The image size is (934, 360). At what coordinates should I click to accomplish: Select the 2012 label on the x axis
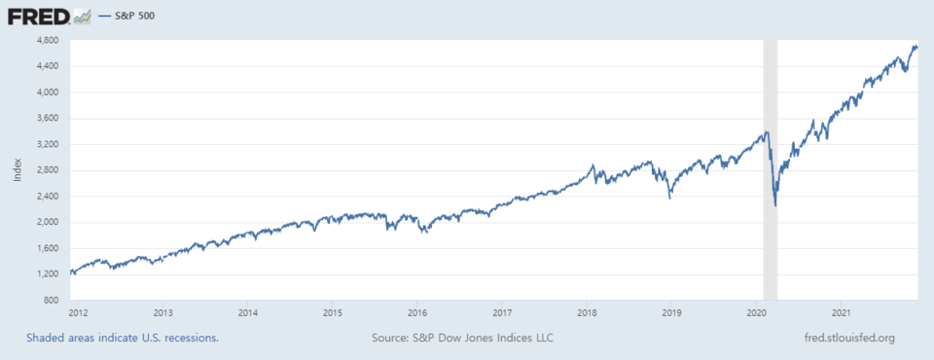pyautogui.click(x=80, y=313)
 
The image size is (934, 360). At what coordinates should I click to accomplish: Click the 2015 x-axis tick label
pyautogui.click(x=333, y=313)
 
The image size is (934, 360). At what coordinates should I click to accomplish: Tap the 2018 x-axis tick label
pyautogui.click(x=587, y=313)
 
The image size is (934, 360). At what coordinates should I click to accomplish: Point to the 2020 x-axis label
pyautogui.click(x=757, y=313)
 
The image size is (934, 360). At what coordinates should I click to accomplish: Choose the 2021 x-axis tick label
pyautogui.click(x=842, y=313)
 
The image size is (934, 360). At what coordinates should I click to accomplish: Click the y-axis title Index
pyautogui.click(x=18, y=170)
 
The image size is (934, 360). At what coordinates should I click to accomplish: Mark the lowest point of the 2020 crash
pyautogui.click(x=775, y=205)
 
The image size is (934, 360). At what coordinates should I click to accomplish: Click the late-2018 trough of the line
pyautogui.click(x=669, y=198)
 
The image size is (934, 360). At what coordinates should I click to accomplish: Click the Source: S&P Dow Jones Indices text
pyautogui.click(x=462, y=338)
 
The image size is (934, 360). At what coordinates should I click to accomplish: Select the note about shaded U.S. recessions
pyautogui.click(x=123, y=338)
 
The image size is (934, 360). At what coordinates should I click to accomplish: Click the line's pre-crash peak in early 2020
pyautogui.click(x=768, y=132)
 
